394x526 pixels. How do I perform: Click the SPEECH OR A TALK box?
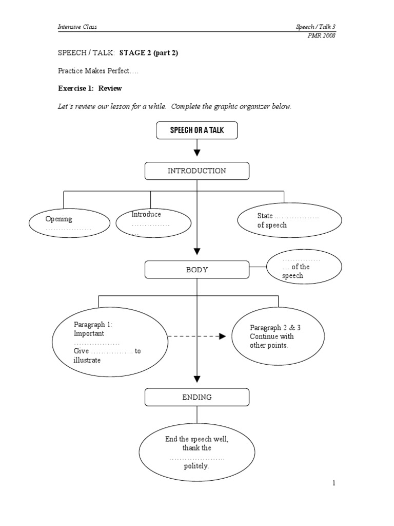197,130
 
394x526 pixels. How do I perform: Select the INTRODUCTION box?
197,171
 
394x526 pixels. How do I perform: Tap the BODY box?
197,270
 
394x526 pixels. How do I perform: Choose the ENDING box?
197,397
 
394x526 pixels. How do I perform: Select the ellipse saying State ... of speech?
289,221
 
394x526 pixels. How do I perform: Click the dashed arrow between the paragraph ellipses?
197,336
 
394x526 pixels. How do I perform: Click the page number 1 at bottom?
333,483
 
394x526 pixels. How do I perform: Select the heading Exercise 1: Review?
90,88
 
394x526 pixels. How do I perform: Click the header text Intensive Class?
77,27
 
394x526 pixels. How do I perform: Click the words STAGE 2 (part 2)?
149,53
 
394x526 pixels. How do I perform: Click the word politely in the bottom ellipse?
197,466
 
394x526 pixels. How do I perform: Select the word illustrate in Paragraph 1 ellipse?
87,360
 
